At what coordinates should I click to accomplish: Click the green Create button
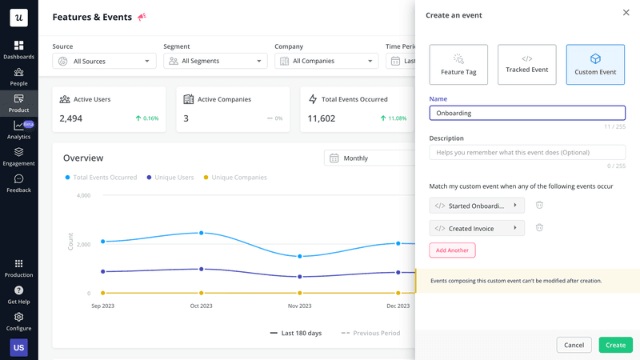(x=615, y=345)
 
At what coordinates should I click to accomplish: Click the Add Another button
(x=452, y=250)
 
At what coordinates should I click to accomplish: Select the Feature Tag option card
(x=458, y=65)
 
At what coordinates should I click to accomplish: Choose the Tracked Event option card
(x=527, y=65)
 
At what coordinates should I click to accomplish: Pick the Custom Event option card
(x=595, y=65)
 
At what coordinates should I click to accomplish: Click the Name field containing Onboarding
(x=527, y=113)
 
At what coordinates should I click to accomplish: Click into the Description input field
(x=527, y=152)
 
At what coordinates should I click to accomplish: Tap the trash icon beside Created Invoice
(x=539, y=228)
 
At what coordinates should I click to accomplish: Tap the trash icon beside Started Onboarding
(x=539, y=206)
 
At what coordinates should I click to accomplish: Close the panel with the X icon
(x=626, y=13)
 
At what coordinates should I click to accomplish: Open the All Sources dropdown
(x=105, y=61)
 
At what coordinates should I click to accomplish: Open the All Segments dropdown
(x=215, y=61)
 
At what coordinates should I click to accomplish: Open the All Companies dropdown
(x=326, y=61)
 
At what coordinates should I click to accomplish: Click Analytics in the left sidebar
(x=18, y=130)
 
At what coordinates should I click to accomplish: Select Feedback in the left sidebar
(x=18, y=183)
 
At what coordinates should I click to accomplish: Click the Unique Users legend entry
(x=173, y=178)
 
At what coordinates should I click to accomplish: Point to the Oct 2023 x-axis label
(x=201, y=306)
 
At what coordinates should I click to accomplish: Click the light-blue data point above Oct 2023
(x=201, y=233)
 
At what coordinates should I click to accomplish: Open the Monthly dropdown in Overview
(x=368, y=158)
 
